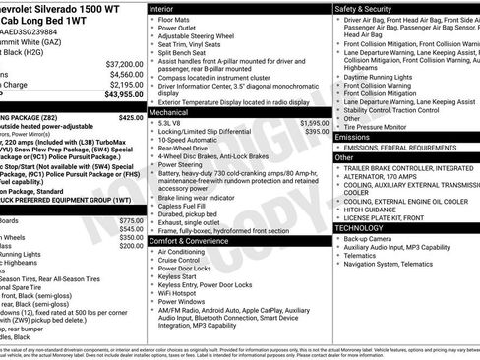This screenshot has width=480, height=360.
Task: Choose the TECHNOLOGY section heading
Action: [x=359, y=227]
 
